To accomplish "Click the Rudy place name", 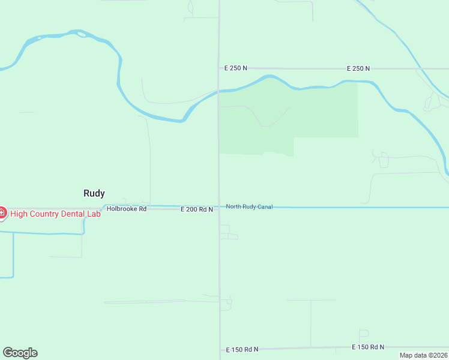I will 94,193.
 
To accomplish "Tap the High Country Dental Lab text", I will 55,214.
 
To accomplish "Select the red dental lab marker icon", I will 2,213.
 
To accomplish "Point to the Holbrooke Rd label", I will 127,209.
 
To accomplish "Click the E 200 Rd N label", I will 197,209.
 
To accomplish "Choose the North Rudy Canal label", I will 249,207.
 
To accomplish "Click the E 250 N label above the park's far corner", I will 358,69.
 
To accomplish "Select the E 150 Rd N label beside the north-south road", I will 242,349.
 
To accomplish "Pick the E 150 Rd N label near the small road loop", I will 367,347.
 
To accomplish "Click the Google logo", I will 20,353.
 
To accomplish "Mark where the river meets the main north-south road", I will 218,91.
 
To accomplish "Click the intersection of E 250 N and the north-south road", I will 218,68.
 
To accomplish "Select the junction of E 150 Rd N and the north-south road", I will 219,349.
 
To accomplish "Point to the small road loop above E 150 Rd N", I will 364,333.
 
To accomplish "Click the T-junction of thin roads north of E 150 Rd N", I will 311,300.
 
